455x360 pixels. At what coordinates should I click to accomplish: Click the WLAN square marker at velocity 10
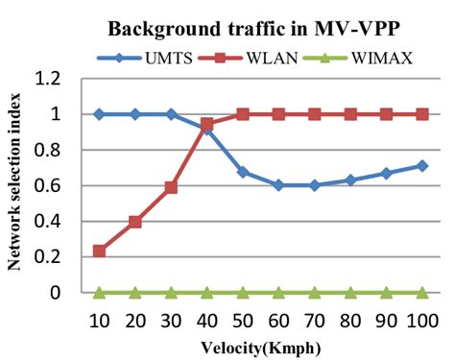click(99, 252)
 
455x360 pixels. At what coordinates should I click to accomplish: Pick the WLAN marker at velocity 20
click(134, 222)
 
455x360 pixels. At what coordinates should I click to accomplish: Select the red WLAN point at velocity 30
click(170, 187)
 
